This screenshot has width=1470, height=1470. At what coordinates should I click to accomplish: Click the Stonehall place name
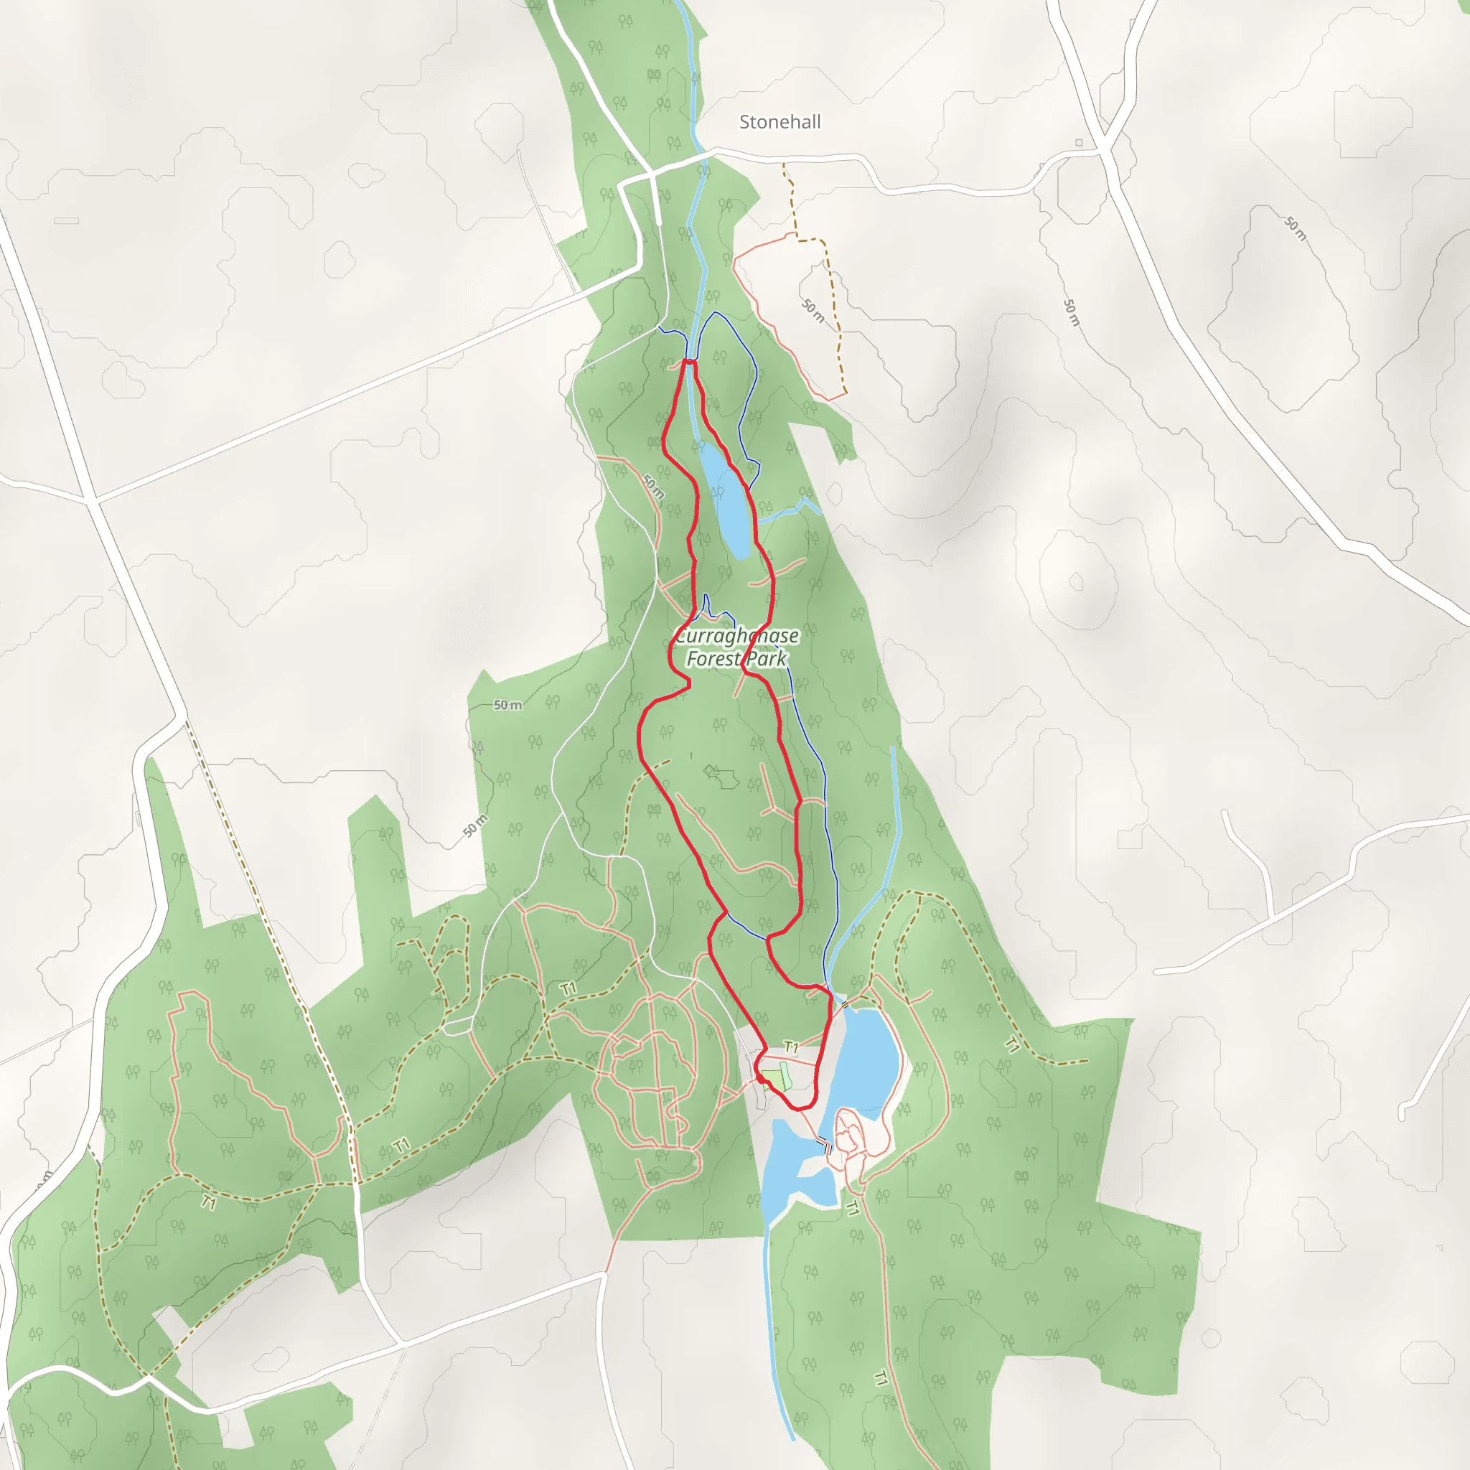tap(780, 122)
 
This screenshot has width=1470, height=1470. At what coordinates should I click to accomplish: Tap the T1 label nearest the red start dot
tap(791, 1049)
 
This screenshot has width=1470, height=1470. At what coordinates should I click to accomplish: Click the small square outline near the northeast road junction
tap(1079, 142)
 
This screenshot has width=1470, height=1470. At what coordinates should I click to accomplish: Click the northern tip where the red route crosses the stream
tap(689, 362)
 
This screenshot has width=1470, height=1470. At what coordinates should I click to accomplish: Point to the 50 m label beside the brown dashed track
tap(813, 310)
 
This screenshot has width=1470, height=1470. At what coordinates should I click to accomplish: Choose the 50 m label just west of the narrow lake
tap(653, 487)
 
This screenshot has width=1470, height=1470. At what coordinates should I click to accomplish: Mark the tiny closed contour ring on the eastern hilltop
tap(1076, 582)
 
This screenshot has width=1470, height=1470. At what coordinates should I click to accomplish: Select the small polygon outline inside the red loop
tap(721, 776)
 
